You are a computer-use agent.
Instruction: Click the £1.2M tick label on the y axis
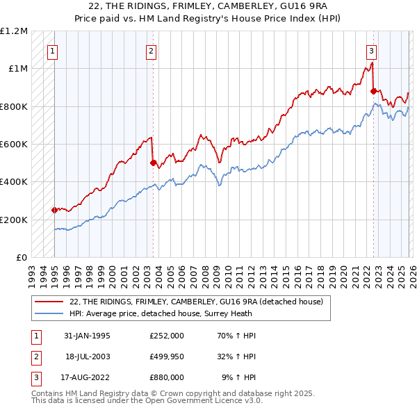[13, 31]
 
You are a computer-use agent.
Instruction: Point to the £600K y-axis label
[13, 145]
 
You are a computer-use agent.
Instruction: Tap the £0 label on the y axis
[21, 258]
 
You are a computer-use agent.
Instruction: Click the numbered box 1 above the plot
[54, 50]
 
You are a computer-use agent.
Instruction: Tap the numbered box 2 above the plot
[152, 50]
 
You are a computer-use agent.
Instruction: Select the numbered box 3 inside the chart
[372, 50]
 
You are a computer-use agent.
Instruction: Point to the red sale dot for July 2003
[153, 163]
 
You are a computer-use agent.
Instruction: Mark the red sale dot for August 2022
[373, 91]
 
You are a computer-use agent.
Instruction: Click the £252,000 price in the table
[166, 336]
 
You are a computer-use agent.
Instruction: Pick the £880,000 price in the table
[166, 377]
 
